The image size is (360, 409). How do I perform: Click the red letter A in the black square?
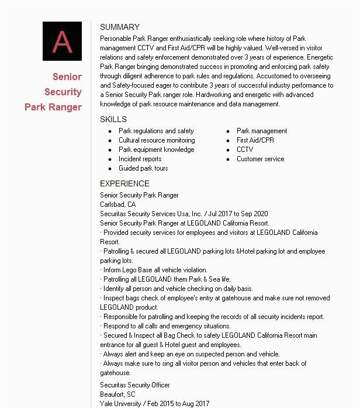click(62, 41)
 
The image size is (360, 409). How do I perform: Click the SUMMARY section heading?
click(120, 27)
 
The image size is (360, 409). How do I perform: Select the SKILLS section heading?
click(113, 119)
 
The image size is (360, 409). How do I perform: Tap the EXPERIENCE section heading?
click(124, 183)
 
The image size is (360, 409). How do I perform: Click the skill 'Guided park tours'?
click(143, 168)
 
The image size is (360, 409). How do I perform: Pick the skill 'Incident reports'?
click(140, 159)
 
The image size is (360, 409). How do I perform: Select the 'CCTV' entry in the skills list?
click(245, 150)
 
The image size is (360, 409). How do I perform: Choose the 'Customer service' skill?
click(260, 159)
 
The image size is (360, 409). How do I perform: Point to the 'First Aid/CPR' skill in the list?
click(255, 140)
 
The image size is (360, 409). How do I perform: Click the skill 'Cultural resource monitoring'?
click(157, 140)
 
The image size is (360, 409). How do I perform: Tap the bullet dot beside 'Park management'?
click(228, 131)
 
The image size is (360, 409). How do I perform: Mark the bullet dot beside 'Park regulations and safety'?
click(110, 131)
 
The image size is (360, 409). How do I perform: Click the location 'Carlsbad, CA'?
click(117, 204)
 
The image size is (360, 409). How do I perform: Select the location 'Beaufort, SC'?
click(117, 394)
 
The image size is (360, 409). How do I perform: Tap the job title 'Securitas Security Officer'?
click(135, 385)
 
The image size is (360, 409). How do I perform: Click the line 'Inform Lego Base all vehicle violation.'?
click(155, 270)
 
